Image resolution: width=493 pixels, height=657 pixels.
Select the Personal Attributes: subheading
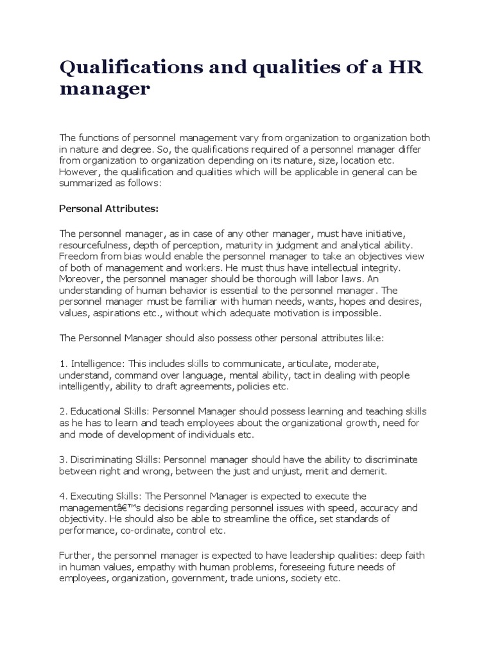click(108, 208)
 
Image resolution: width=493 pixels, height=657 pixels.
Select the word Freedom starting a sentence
click(78, 255)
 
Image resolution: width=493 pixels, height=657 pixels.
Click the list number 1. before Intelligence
click(63, 363)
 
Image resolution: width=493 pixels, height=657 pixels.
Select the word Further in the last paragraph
click(76, 555)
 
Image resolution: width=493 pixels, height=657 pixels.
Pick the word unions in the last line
click(270, 577)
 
